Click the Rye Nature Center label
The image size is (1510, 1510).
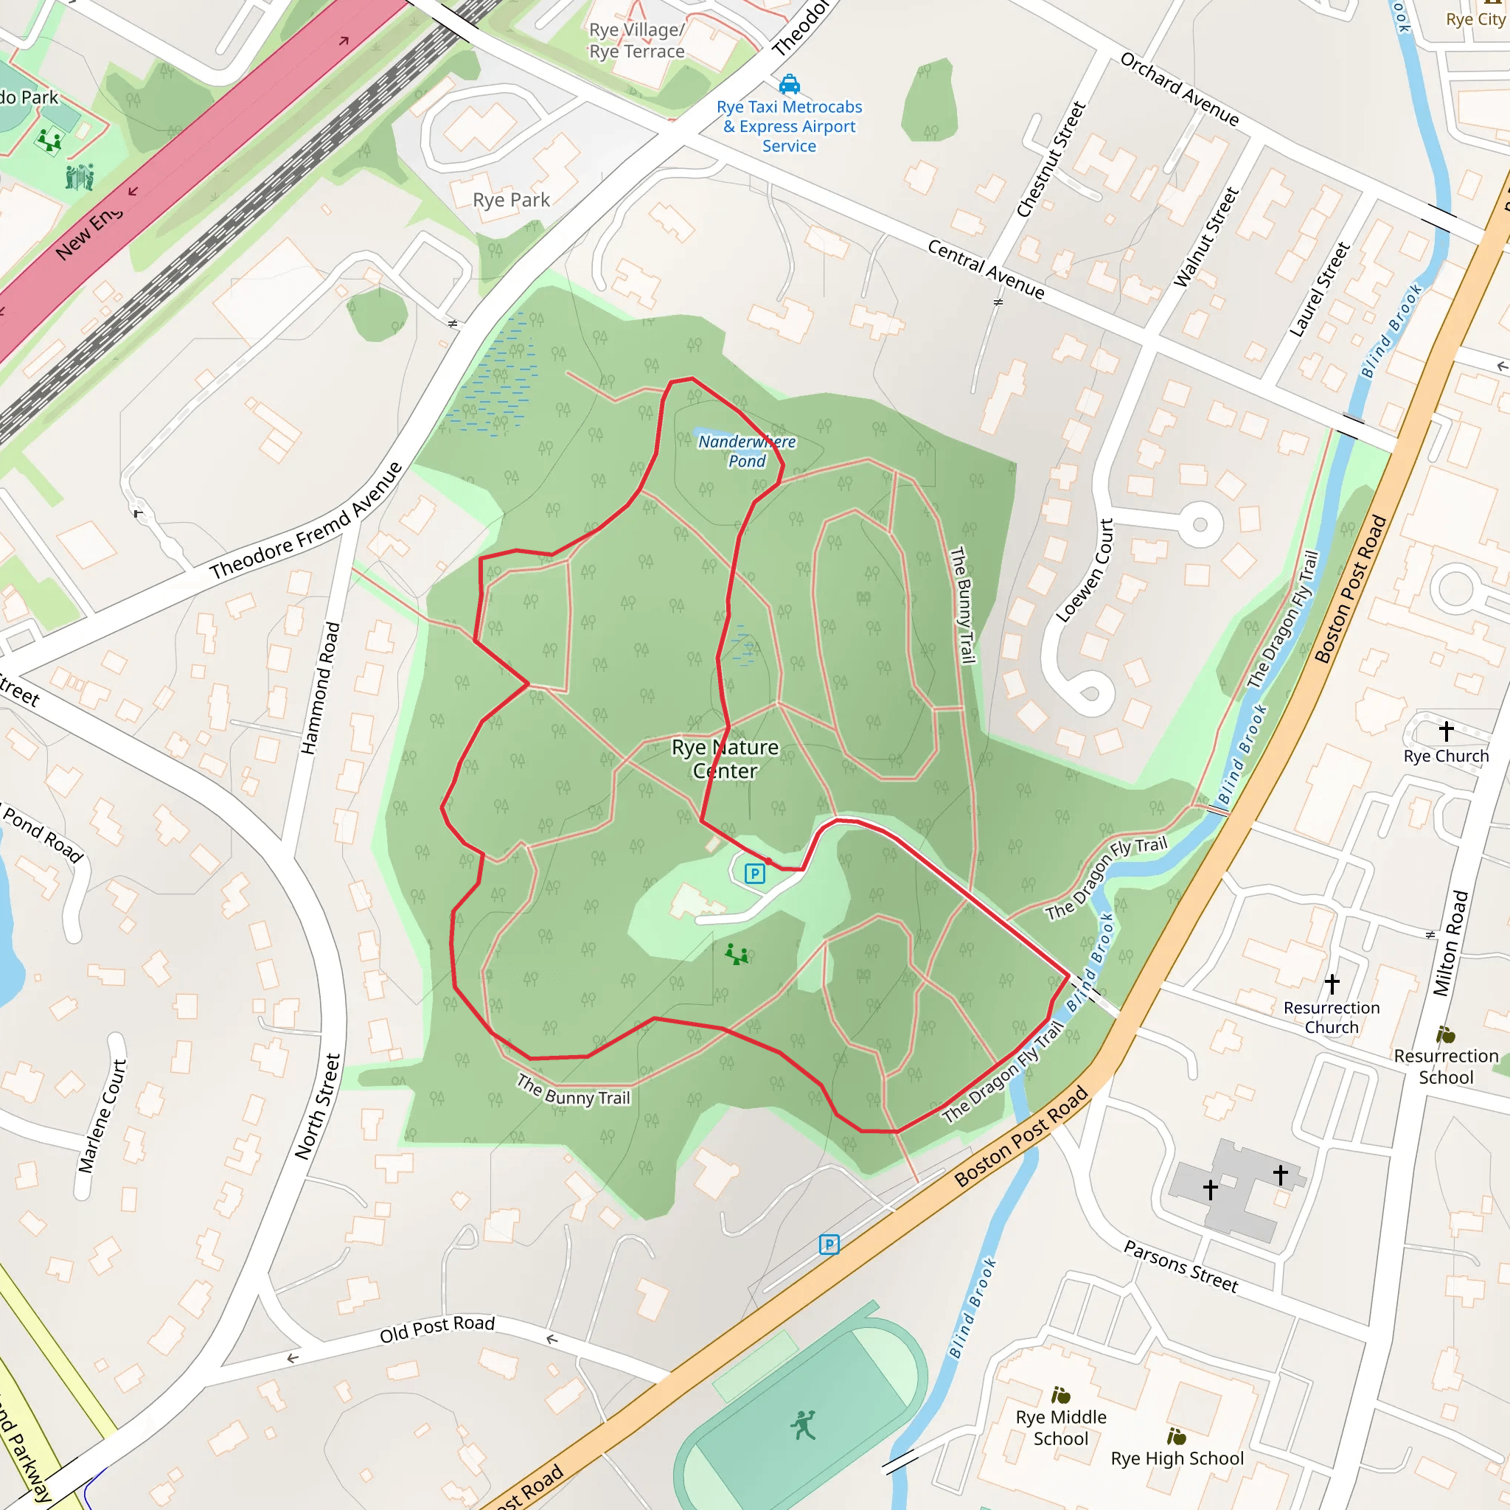[725, 759]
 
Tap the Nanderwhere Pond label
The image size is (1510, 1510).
[746, 451]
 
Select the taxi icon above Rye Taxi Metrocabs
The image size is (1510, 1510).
[790, 83]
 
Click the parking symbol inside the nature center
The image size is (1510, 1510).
[754, 874]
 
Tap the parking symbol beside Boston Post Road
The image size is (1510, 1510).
[829, 1244]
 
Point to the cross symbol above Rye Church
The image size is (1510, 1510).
[1446, 731]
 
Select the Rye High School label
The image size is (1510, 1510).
[1177, 1458]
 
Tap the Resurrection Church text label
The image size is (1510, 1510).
[1332, 1017]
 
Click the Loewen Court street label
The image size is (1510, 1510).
[1084, 571]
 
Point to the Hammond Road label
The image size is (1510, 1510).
[321, 688]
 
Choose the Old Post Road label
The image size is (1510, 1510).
[437, 1328]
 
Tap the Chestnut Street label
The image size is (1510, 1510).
[1051, 159]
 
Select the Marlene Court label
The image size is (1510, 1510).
[102, 1116]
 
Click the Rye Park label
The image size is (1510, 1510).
[511, 200]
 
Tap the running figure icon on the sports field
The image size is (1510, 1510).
[804, 1424]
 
